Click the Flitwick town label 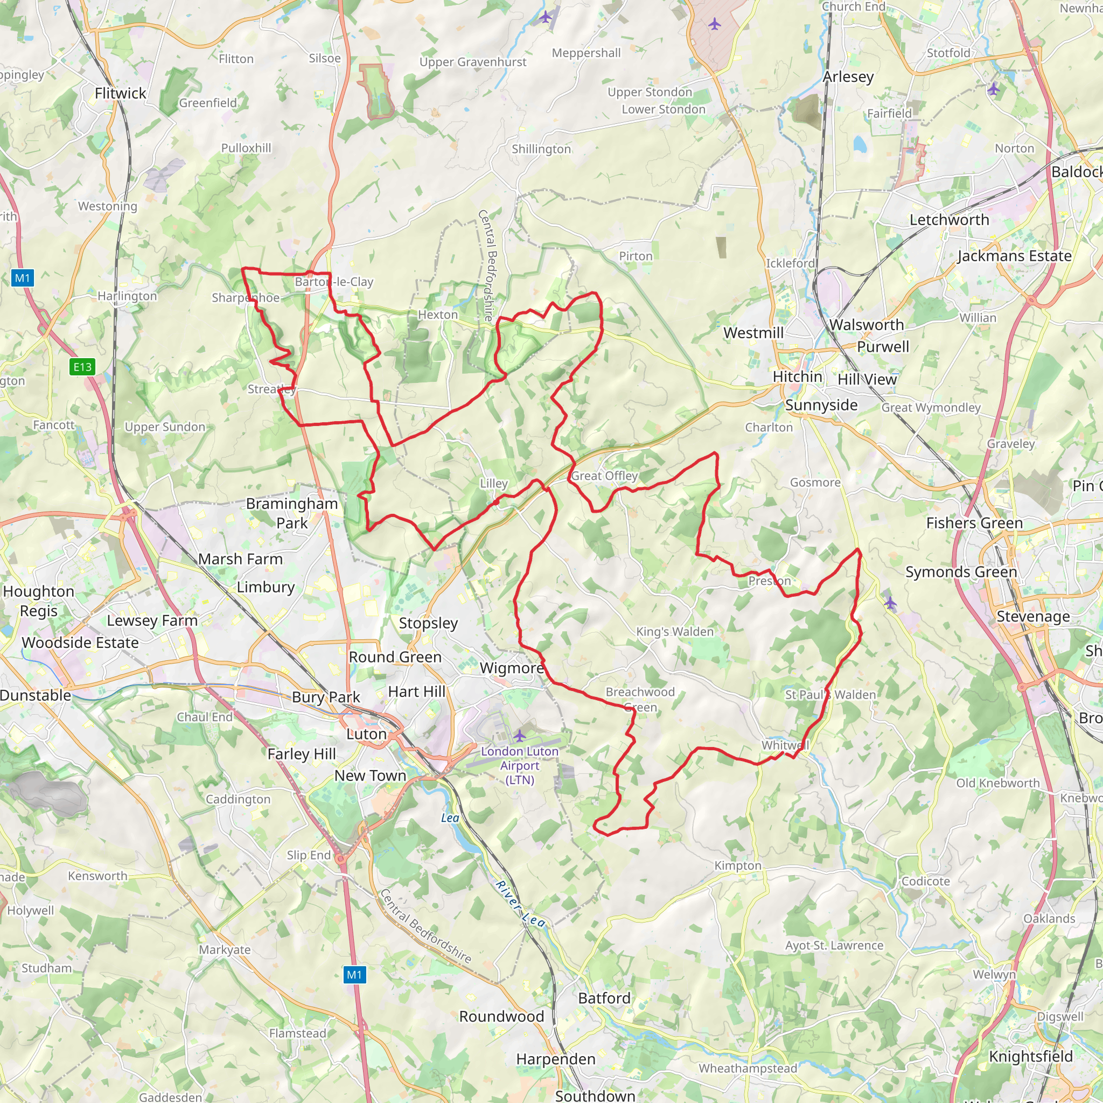tap(121, 93)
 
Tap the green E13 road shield tap(82, 367)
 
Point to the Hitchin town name tap(797, 377)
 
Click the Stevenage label tap(1033, 617)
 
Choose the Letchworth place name tap(949, 220)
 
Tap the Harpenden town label tap(555, 1059)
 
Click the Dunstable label tap(36, 695)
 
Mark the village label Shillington tap(541, 149)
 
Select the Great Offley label tap(604, 476)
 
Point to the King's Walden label tap(675, 631)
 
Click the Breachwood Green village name tap(640, 700)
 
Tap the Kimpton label tap(738, 865)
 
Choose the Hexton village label tap(438, 315)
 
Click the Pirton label tap(636, 256)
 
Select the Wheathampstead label tap(748, 1068)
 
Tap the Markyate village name tap(225, 950)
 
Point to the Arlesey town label tap(848, 76)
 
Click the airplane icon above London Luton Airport tap(520, 735)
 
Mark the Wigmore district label tap(512, 668)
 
